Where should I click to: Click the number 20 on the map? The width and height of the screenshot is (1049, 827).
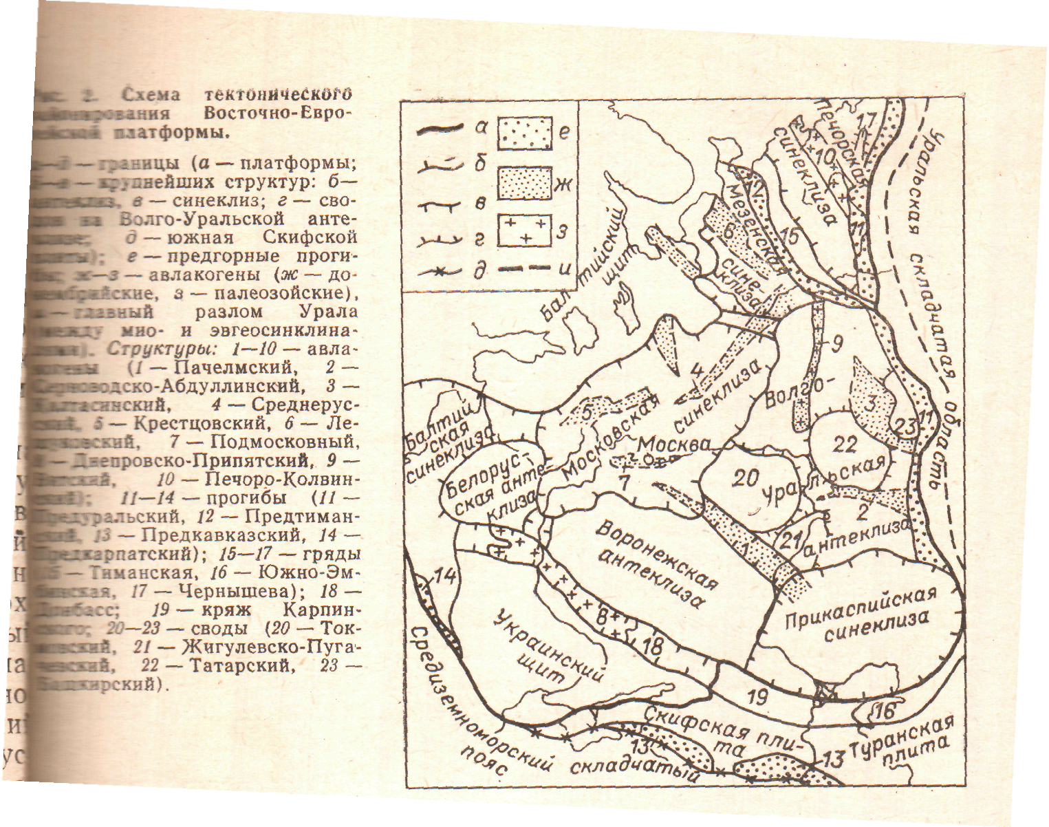(x=745, y=478)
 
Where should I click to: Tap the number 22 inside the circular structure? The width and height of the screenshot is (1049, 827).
(x=844, y=444)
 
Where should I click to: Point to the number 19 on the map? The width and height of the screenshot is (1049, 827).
(x=757, y=698)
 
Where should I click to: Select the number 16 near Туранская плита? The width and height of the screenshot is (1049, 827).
(x=886, y=709)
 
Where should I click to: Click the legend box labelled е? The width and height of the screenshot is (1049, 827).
(x=525, y=133)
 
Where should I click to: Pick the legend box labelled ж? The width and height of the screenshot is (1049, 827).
(x=525, y=182)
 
